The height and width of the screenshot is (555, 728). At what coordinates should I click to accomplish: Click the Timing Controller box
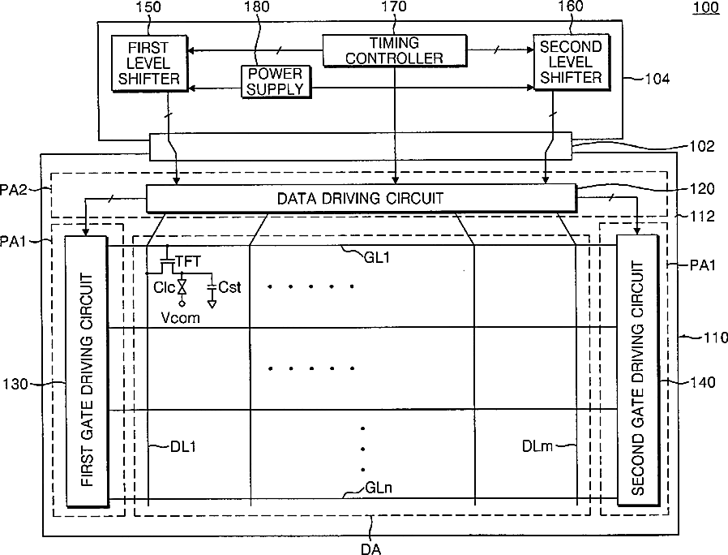pyautogui.click(x=395, y=50)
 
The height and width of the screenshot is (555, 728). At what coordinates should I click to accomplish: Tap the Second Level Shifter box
pyautogui.click(x=571, y=62)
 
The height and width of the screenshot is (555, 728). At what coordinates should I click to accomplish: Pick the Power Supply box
pyautogui.click(x=275, y=81)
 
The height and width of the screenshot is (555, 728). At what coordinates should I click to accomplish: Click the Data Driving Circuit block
pyautogui.click(x=361, y=198)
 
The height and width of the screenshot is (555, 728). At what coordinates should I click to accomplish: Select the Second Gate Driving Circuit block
pyautogui.click(x=637, y=367)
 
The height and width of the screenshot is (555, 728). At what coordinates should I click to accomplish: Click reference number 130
pyautogui.click(x=18, y=382)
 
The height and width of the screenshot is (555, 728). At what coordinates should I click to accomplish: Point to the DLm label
pyautogui.click(x=537, y=445)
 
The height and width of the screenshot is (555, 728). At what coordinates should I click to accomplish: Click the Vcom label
pyautogui.click(x=181, y=318)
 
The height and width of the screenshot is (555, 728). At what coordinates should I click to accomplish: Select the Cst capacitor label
pyautogui.click(x=230, y=287)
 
